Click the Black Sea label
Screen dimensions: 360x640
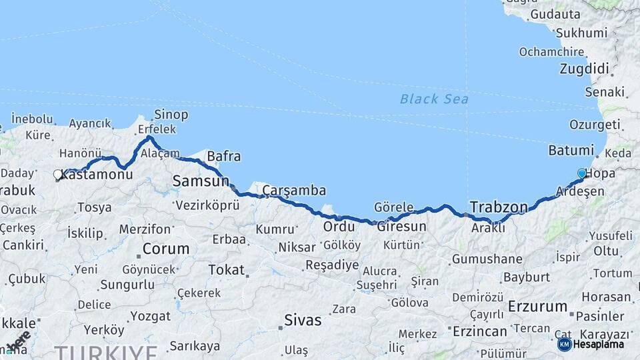[x=434, y=99]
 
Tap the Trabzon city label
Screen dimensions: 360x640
[x=499, y=206]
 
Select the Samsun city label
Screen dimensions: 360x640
[x=201, y=181]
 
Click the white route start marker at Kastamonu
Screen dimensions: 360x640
[x=58, y=175]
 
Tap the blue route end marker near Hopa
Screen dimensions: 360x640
[x=582, y=174]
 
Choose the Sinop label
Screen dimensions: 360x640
[x=171, y=115]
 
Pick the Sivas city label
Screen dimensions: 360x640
[x=303, y=319]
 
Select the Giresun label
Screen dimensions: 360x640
[x=401, y=227]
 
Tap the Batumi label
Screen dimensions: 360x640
[x=571, y=150]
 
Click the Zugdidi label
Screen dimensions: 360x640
[x=585, y=69]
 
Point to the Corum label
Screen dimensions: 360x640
[x=166, y=249]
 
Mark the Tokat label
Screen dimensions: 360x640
[x=227, y=270]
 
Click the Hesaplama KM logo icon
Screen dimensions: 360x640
[x=564, y=344]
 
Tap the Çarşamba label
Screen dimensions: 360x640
[x=294, y=191]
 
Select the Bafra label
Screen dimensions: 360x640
[x=224, y=157]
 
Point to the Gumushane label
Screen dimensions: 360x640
[x=487, y=259]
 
